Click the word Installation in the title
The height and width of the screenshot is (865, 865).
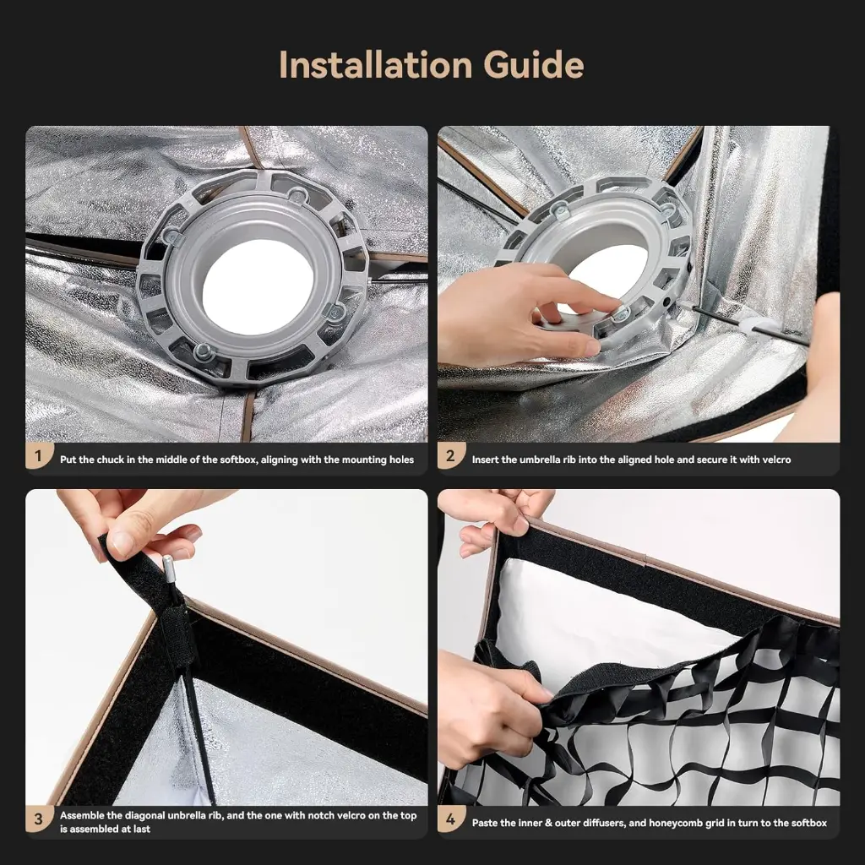click(x=376, y=64)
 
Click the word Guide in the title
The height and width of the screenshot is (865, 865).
click(x=534, y=64)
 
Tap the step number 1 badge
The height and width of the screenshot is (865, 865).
click(x=38, y=455)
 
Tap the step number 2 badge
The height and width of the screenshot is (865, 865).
click(x=450, y=455)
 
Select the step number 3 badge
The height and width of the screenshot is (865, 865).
click(x=38, y=819)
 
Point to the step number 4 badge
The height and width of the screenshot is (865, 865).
click(x=450, y=819)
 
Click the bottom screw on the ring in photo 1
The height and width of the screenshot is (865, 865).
click(x=204, y=351)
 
